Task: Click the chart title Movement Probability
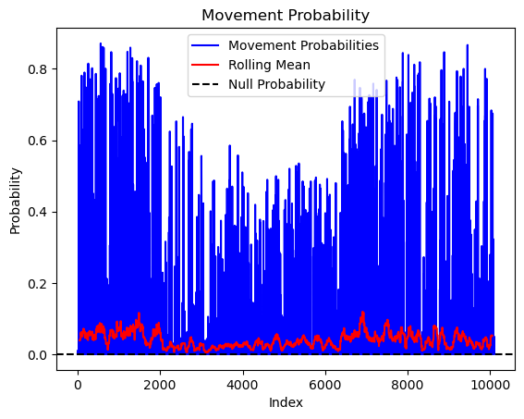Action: click(x=286, y=15)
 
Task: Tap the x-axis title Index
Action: click(x=286, y=402)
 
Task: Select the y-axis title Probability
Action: click(x=15, y=201)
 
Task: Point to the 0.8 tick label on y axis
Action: click(x=37, y=69)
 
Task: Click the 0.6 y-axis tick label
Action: click(x=37, y=141)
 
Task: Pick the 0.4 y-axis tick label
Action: click(x=37, y=213)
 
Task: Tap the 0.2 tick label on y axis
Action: click(x=37, y=284)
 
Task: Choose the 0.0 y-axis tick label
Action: click(x=37, y=355)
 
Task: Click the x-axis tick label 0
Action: click(x=78, y=385)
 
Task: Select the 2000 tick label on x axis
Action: click(x=160, y=385)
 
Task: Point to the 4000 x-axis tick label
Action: click(x=243, y=385)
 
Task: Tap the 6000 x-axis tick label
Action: click(x=325, y=385)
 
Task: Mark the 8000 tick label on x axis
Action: click(x=408, y=385)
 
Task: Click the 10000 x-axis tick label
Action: click(x=490, y=385)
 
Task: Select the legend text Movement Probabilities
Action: click(x=303, y=45)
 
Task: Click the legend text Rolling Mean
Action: click(x=269, y=65)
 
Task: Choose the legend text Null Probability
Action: click(x=276, y=84)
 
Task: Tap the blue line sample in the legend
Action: click(x=205, y=45)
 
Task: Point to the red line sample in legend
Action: click(x=205, y=65)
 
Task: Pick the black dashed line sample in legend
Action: click(x=205, y=84)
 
